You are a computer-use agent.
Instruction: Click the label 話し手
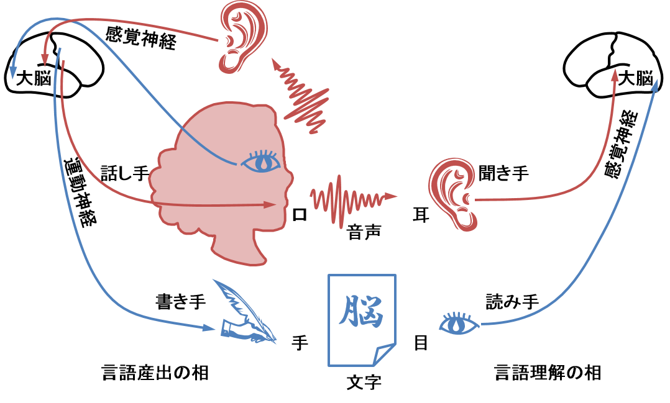pos(125,173)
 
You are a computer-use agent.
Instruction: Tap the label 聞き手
pos(504,173)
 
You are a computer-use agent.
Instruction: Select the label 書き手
pos(181,301)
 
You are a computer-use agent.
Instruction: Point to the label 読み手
pos(512,301)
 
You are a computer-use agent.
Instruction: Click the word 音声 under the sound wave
pos(364,233)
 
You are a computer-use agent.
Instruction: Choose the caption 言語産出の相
pos(155,372)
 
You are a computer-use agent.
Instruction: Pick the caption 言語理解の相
pos(548,372)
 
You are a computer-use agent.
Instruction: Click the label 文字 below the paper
pos(364,382)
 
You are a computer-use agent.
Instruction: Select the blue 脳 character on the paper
pos(362,310)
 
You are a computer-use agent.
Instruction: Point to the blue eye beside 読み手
pos(459,323)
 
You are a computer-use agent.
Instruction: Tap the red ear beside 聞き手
pos(452,194)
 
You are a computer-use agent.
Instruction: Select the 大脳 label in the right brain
pos(636,78)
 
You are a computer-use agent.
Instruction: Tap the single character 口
pos(300,214)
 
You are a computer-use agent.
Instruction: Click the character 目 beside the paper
pos(421,342)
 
